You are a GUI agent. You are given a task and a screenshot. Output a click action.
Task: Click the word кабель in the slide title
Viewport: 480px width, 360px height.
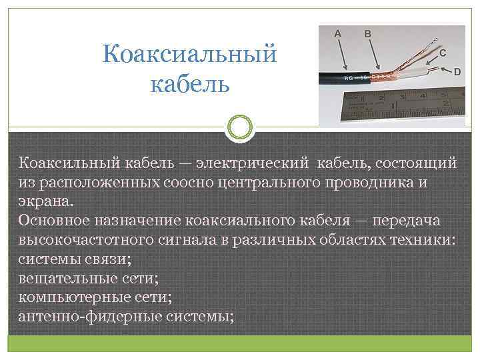[190, 85]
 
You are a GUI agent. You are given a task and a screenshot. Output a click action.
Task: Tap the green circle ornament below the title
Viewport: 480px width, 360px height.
[239, 127]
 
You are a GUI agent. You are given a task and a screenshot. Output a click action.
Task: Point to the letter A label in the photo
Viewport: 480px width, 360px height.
[337, 32]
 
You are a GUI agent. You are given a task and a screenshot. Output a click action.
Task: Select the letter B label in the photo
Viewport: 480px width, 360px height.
[368, 32]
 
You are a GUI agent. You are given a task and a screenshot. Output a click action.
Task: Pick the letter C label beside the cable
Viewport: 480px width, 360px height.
[443, 50]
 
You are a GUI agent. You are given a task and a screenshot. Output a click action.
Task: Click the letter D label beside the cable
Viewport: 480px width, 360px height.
[458, 72]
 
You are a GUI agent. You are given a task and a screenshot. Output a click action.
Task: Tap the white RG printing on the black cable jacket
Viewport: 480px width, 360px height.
[353, 79]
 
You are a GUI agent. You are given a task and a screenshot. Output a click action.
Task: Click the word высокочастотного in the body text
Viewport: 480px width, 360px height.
[90, 240]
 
